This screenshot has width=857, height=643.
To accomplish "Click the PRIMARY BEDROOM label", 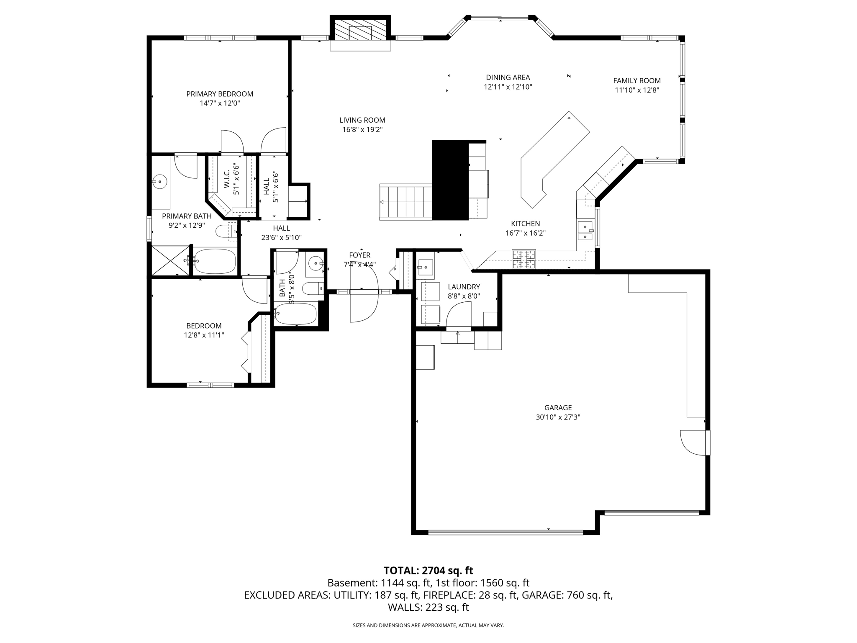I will [x=220, y=94].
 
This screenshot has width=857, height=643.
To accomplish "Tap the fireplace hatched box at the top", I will [x=360, y=30].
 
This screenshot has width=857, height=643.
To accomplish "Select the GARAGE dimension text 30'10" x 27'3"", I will [x=558, y=417].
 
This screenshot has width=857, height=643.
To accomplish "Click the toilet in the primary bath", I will [x=226, y=231].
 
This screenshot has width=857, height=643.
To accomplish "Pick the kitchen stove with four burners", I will [x=524, y=259].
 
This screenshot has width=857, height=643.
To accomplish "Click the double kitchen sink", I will [x=585, y=231].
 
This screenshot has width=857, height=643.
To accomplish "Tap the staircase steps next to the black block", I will [x=406, y=202].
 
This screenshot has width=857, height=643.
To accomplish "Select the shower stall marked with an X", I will [x=170, y=260].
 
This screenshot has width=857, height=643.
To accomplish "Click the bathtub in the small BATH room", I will [x=296, y=314].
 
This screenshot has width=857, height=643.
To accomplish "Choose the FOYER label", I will [x=359, y=255].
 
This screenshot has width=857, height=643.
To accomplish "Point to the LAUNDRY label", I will [x=464, y=287].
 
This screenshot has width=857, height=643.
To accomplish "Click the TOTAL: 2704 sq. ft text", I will [x=428, y=570].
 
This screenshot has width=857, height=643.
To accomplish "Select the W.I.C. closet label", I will [x=226, y=179].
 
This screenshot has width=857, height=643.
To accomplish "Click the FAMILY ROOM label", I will [x=637, y=80].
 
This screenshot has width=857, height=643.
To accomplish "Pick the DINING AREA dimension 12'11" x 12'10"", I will [x=508, y=87].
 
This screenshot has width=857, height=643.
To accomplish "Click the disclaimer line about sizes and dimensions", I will [x=428, y=625].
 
